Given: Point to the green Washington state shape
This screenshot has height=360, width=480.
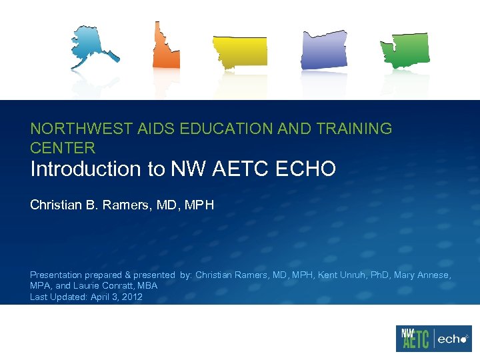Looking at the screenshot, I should pos(405,49).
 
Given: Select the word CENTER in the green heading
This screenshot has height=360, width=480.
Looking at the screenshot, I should pos(63,147).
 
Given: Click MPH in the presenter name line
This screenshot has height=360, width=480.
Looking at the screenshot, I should pos(200,205).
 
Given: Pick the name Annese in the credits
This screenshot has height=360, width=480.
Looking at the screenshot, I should pos(434,275).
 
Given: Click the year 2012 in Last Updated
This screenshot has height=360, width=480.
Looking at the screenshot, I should pos(131,297).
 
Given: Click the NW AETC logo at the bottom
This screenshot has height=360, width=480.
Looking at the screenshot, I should pos(414,339).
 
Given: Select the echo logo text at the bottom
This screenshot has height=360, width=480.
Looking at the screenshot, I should pos(452,339).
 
